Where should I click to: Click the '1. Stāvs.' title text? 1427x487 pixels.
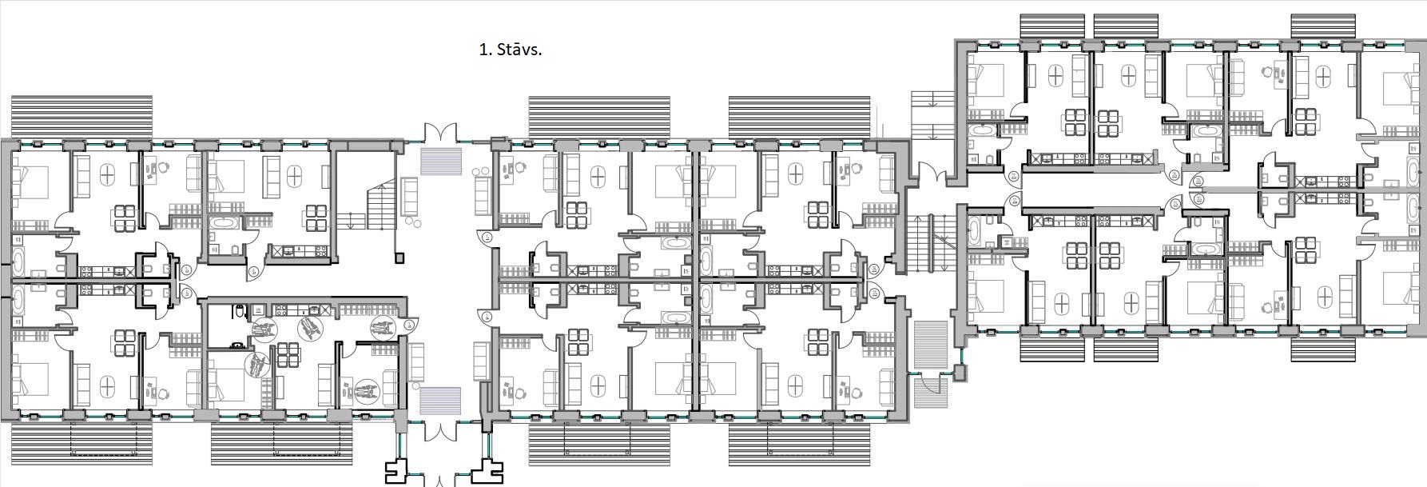[x=510, y=50]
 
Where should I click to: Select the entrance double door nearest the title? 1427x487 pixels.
[x=439, y=133]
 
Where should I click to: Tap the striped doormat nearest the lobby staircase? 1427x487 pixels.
[x=440, y=161]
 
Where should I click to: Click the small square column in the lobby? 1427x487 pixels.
[x=399, y=257]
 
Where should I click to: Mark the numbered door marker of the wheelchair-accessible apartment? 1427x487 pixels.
[x=409, y=324]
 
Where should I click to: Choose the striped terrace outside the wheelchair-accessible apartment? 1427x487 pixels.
[x=281, y=444]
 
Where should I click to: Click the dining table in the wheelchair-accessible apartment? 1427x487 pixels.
[x=287, y=352]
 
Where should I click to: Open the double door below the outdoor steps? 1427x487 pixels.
[x=930, y=172]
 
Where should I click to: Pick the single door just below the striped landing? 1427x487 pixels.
[x=930, y=391]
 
